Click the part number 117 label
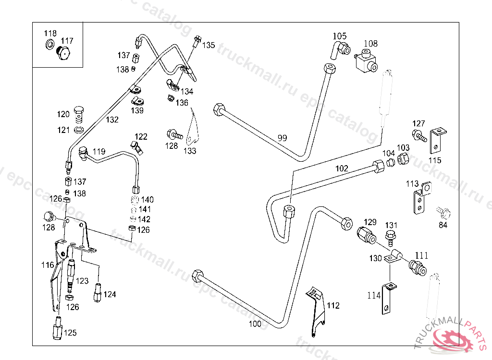point(67,41)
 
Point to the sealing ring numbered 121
point(79,130)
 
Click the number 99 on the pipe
point(282,138)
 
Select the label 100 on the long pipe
point(255,324)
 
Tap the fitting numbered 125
point(57,329)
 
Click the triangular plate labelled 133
point(193,130)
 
